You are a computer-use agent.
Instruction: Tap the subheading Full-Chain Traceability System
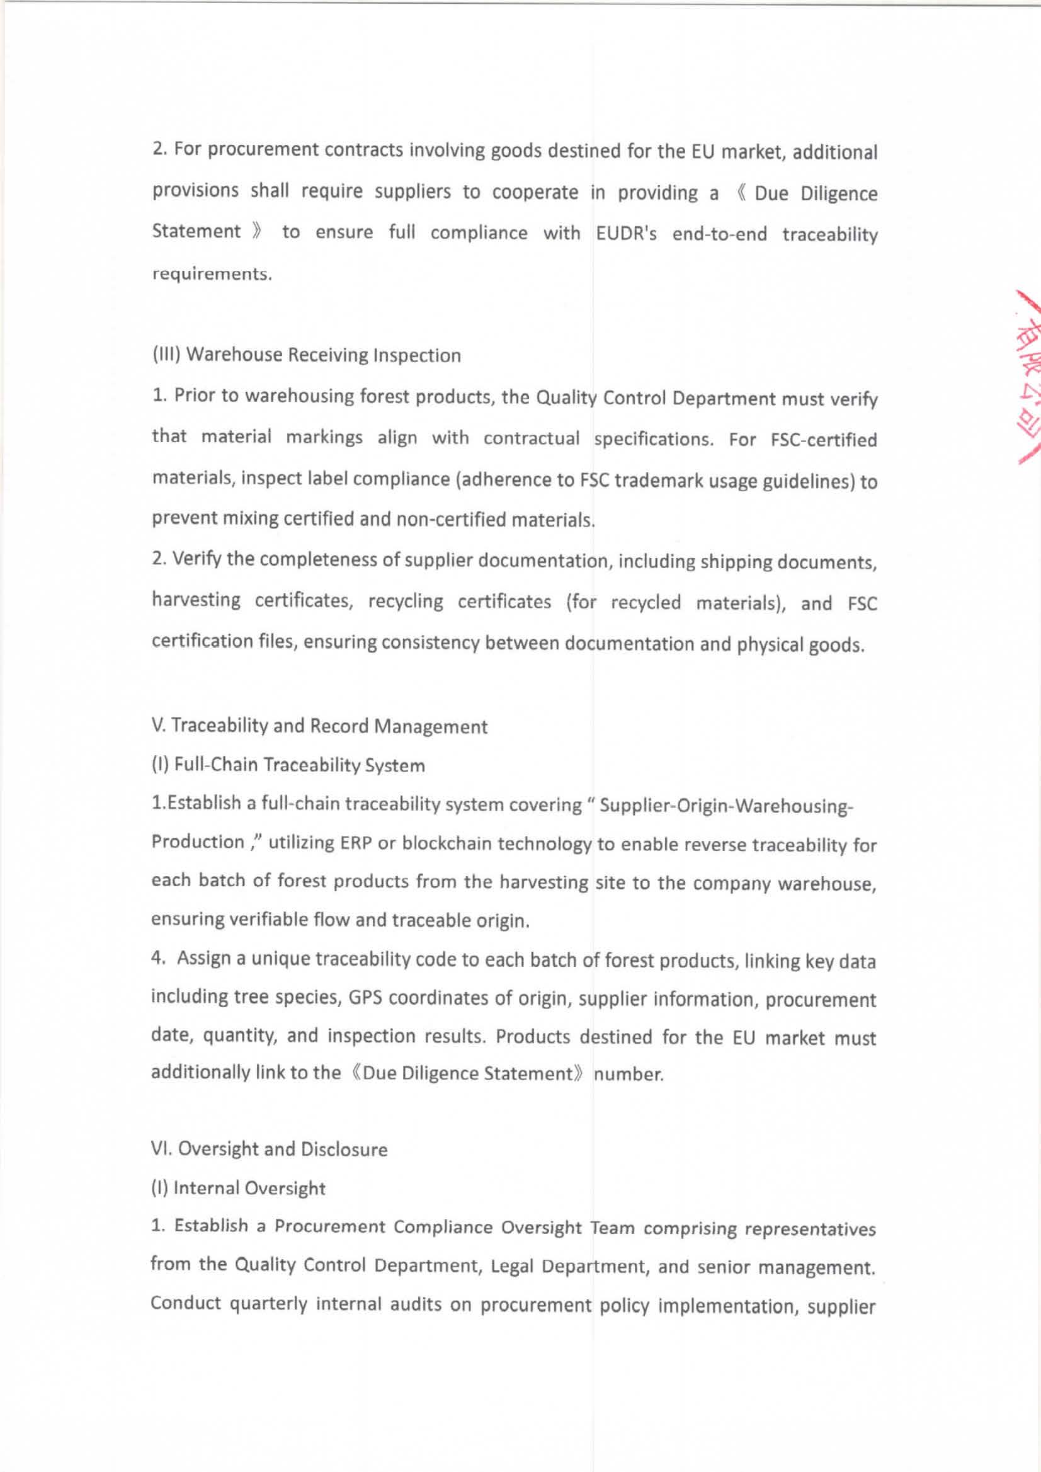288,765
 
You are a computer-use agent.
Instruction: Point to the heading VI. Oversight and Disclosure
270,1149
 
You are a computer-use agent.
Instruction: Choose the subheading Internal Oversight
238,1188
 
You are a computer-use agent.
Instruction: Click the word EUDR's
625,233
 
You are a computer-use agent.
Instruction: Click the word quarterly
268,1304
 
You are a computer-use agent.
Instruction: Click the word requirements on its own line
212,274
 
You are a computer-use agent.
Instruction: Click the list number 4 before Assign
156,959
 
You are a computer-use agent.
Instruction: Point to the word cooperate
535,192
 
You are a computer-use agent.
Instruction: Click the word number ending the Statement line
629,1074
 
